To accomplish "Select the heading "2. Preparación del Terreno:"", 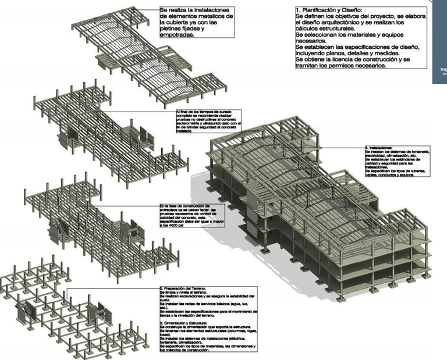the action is point(182,288).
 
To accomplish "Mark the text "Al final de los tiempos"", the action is point(194,111).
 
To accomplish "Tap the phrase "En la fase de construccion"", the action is point(184,206).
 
